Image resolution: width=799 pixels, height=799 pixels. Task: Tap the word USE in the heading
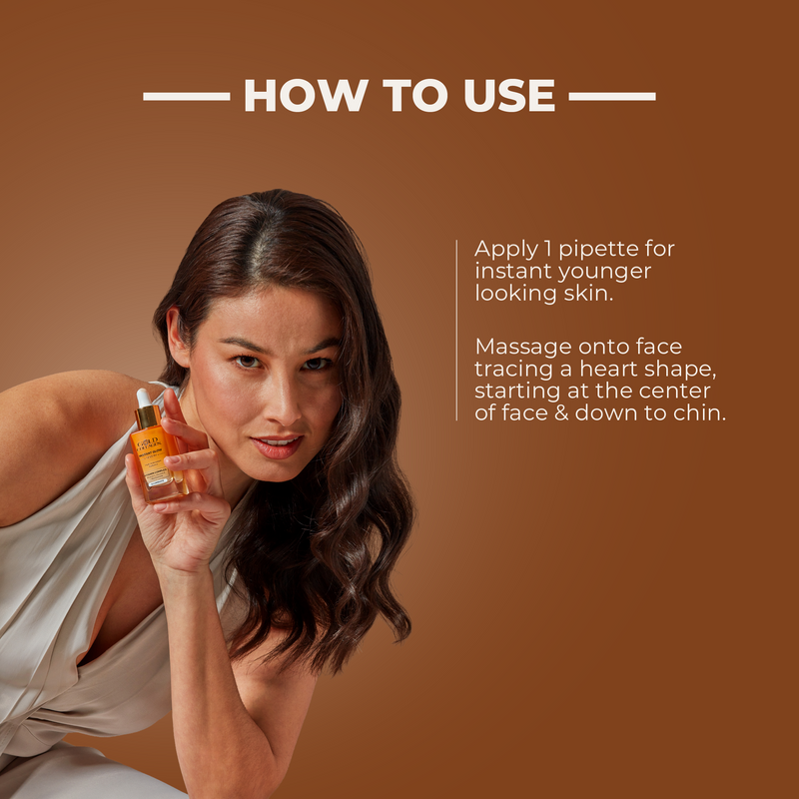[504, 96]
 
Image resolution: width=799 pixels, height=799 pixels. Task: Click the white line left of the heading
[186, 97]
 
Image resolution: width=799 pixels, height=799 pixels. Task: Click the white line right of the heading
[612, 97]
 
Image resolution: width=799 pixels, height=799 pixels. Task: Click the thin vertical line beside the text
[456, 330]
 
